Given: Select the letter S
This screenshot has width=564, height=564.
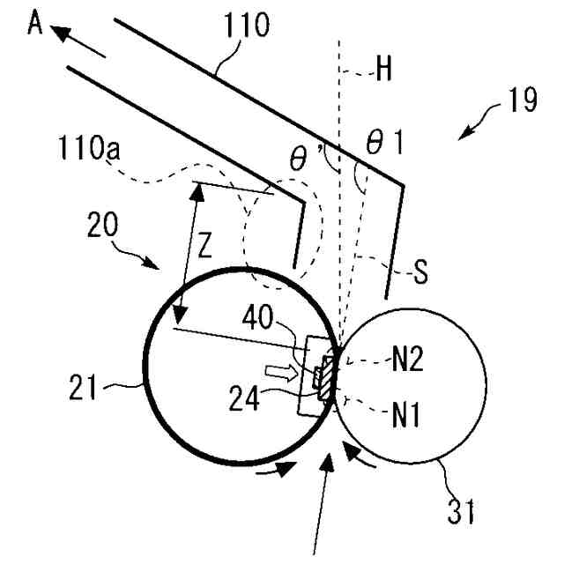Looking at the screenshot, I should (421, 274).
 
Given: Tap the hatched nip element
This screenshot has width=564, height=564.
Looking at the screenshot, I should (326, 377).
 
